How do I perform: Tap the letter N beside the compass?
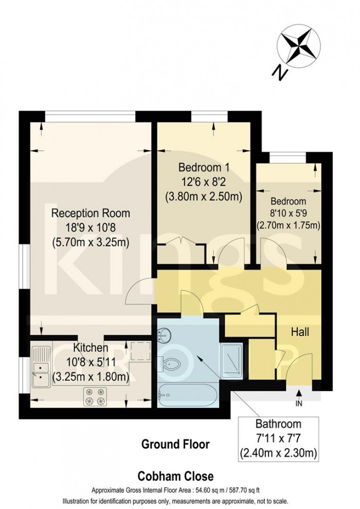point(280,73)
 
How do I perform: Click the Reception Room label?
point(91,213)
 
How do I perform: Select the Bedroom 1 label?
point(204,167)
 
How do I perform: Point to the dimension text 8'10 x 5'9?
point(289,213)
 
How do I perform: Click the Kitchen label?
point(91,347)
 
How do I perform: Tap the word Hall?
point(300,332)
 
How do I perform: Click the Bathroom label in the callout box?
point(278,424)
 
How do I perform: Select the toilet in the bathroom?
point(170,363)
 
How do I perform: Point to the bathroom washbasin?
point(165,336)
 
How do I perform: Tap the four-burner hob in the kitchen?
point(95,396)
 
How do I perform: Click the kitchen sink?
point(41,367)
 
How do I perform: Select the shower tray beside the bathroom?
point(231,361)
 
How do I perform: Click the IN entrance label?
point(299,403)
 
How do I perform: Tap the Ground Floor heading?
point(175,444)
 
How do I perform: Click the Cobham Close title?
point(175,476)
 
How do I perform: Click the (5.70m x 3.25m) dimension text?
point(91,242)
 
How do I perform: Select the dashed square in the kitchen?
point(140,351)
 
